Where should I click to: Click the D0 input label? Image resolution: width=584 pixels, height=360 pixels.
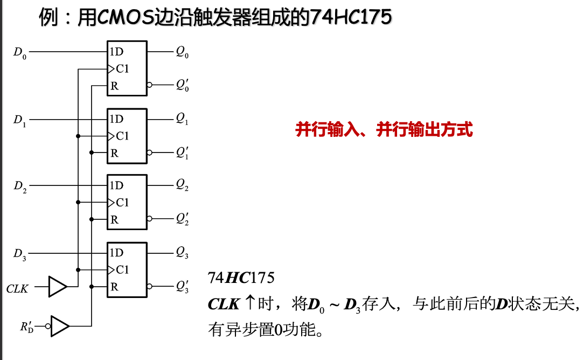click(x=19, y=53)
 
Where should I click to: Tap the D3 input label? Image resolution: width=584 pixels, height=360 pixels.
click(x=19, y=254)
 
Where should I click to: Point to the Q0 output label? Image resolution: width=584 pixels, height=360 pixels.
click(x=182, y=53)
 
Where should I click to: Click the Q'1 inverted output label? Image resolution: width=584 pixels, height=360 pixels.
click(x=182, y=153)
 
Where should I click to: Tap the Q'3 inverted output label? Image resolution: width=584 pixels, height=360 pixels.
click(x=182, y=287)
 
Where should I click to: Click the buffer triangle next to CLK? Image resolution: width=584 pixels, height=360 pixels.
click(x=57, y=287)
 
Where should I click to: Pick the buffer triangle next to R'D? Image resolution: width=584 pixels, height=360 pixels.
click(x=60, y=326)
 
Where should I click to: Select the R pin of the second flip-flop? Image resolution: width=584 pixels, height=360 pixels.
click(x=114, y=153)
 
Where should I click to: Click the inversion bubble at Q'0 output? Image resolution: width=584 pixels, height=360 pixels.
click(x=150, y=85)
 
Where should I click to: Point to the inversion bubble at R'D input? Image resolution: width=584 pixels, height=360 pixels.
click(x=48, y=326)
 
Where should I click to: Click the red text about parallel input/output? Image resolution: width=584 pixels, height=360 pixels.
click(x=384, y=130)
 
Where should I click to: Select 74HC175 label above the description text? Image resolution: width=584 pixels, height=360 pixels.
click(x=241, y=279)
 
